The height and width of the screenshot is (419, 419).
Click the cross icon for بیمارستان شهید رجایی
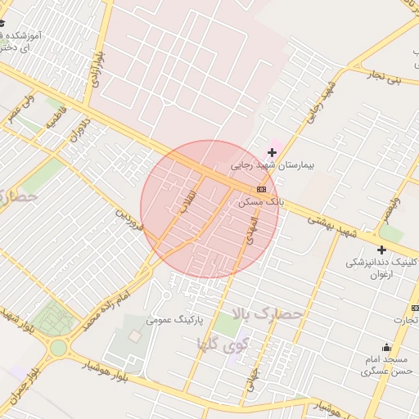[x=272, y=152]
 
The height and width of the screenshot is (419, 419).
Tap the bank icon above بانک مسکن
[x=261, y=189]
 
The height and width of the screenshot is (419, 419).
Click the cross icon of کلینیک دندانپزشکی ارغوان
[x=381, y=250]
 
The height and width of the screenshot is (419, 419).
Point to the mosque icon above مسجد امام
[x=385, y=347]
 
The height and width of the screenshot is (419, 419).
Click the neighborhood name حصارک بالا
[x=268, y=313]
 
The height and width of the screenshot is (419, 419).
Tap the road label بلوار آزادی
[x=92, y=64]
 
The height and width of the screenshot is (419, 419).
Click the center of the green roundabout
[x=58, y=348]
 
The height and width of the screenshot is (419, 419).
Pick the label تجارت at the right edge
[x=404, y=319]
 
